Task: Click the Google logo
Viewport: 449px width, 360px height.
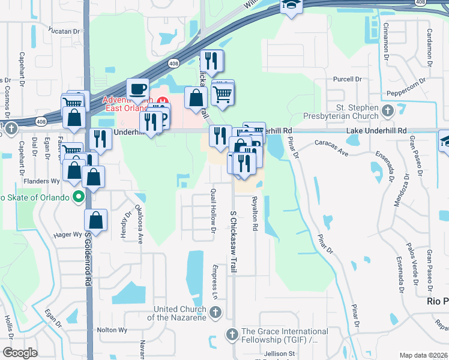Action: click(20, 352)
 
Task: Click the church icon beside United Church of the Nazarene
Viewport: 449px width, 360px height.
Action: click(216, 313)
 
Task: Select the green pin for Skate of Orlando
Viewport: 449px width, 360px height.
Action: click(78, 196)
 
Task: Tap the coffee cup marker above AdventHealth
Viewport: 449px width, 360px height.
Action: click(137, 89)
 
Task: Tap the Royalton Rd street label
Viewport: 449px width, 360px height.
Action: click(255, 214)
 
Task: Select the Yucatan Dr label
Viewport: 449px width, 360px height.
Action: click(65, 31)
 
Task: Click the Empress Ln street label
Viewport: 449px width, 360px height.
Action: click(214, 281)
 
